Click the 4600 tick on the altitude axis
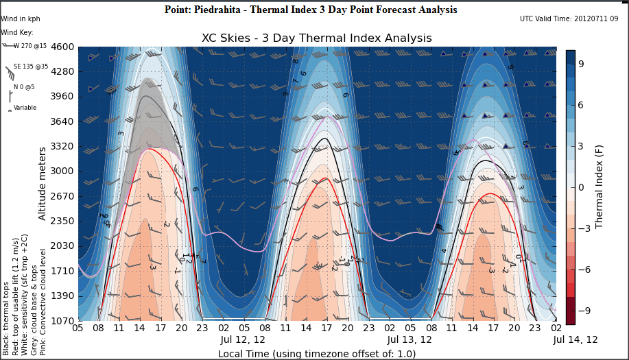[x=62, y=47]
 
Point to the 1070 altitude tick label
[x=62, y=320]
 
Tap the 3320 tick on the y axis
[x=62, y=146]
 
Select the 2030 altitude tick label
[x=62, y=245]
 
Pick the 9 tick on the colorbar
[x=580, y=63]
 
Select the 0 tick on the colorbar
[x=580, y=187]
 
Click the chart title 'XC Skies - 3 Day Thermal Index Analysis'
[x=316, y=38]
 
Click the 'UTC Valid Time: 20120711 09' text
[x=569, y=19]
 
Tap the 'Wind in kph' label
[x=19, y=19]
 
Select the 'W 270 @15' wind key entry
[x=30, y=46]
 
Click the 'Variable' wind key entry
[x=25, y=107]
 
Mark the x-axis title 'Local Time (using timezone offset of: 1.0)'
[x=316, y=354]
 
